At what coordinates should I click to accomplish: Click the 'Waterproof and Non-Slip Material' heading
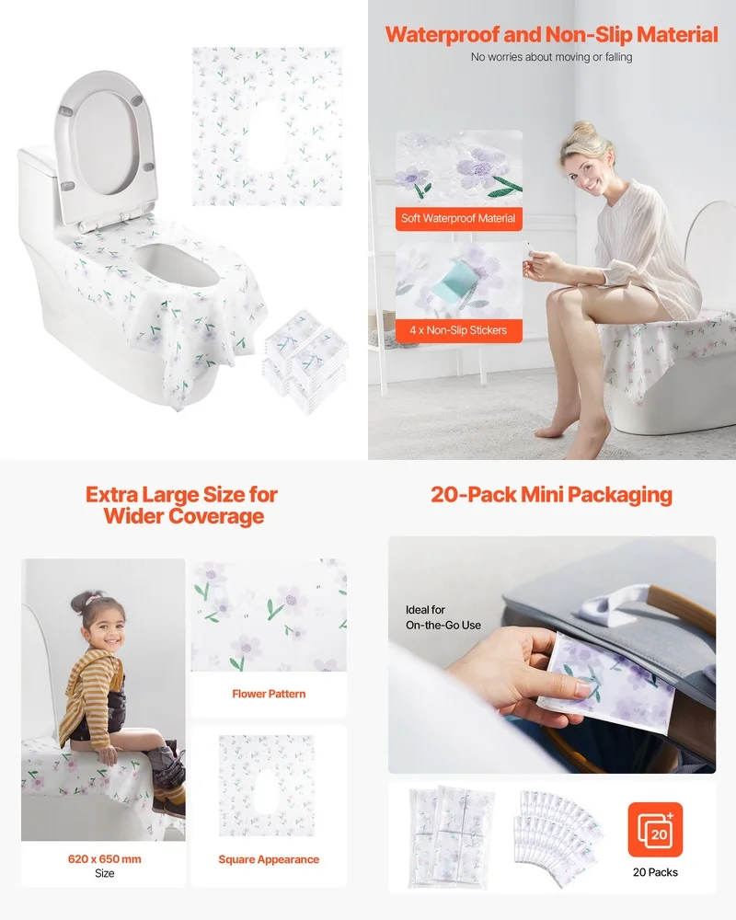coord(551,35)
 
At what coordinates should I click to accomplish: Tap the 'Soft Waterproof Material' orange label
coord(459,219)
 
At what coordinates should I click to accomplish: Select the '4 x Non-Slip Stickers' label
coord(459,330)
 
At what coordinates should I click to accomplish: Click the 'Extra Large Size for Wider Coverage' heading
coord(182,505)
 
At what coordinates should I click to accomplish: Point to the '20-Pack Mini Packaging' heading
coord(551,495)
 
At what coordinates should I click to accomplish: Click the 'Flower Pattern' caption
coord(269,694)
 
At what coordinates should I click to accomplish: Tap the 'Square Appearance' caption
coord(269,859)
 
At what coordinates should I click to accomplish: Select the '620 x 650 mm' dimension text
coord(105,859)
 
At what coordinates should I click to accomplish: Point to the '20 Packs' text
coord(655,872)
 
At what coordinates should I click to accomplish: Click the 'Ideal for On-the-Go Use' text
coord(443,617)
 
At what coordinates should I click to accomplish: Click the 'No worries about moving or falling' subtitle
coord(551,57)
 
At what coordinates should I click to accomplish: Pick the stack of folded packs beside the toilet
coord(305,359)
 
